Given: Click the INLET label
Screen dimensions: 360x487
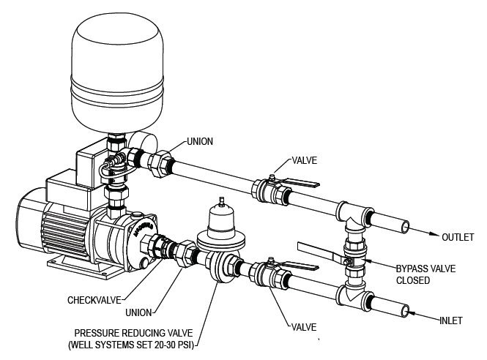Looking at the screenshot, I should click(x=454, y=320).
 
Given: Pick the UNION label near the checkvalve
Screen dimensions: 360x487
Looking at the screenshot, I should click(x=140, y=312).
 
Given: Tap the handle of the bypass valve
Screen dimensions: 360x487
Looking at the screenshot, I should click(x=316, y=251).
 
